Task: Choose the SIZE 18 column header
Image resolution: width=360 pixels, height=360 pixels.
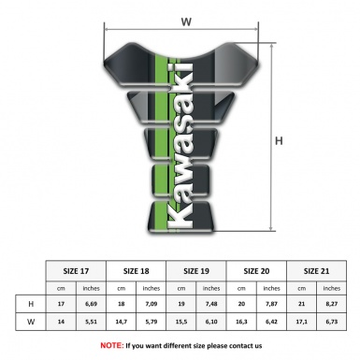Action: click(137, 270)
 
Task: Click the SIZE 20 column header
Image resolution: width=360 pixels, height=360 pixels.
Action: click(258, 270)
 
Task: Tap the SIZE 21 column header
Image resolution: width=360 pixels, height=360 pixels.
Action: click(318, 270)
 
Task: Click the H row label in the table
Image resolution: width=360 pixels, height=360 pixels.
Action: click(32, 305)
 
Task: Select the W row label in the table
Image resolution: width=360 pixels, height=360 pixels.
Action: click(32, 324)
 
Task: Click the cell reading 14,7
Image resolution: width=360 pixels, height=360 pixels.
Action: click(122, 324)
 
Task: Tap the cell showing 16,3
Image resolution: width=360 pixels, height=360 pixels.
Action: click(243, 324)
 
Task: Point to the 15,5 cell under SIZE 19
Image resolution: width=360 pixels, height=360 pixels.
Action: click(183, 324)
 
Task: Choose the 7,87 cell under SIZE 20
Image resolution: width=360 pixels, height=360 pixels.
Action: click(273, 305)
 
